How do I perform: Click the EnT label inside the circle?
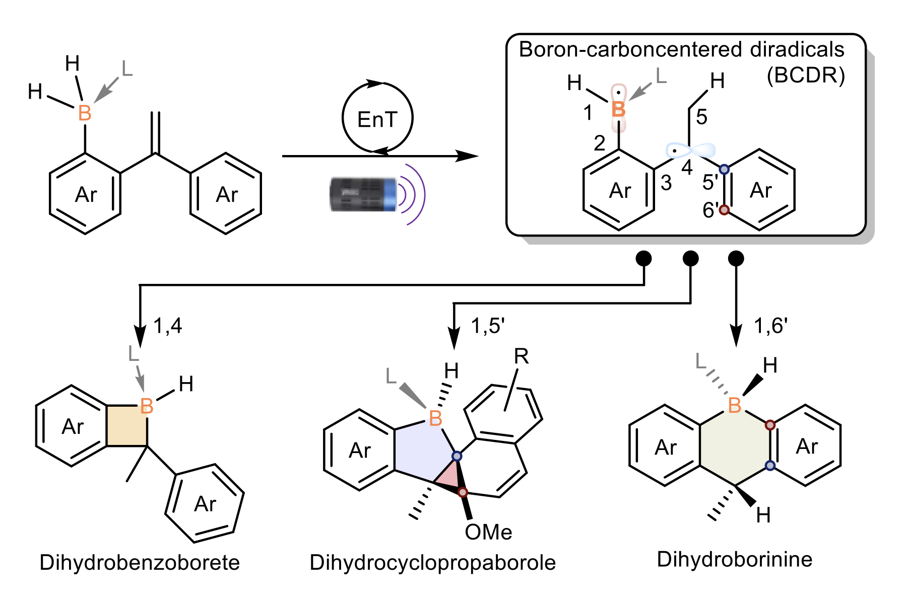[377, 120]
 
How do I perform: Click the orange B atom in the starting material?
[85, 113]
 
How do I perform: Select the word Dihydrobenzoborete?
[140, 563]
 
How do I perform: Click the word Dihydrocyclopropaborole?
[432, 563]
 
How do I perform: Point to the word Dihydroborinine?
[734, 559]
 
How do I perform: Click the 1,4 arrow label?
[168, 326]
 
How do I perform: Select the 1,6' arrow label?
[770, 326]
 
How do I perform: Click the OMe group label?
[488, 532]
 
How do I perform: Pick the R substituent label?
[521, 357]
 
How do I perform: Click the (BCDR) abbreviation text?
[806, 75]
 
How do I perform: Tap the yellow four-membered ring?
[127, 426]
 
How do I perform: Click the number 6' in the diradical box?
[710, 210]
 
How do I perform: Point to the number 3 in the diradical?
[666, 183]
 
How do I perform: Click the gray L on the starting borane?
[127, 69]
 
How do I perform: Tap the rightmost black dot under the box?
[736, 259]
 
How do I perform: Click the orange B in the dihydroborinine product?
[735, 405]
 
